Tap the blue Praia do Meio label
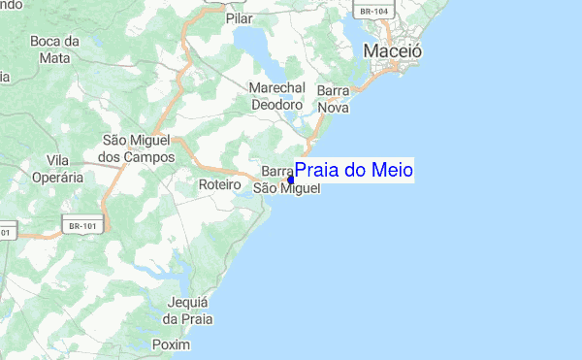[x=354, y=171]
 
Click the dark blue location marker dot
[x=291, y=180]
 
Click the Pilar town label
[x=238, y=17]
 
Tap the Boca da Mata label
[x=54, y=49]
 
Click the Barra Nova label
[x=333, y=99]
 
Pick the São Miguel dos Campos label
[x=138, y=148]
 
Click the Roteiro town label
[x=218, y=184]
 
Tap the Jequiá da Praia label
[x=188, y=310]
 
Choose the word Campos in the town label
[x=149, y=156]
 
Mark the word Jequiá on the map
[x=188, y=302]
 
